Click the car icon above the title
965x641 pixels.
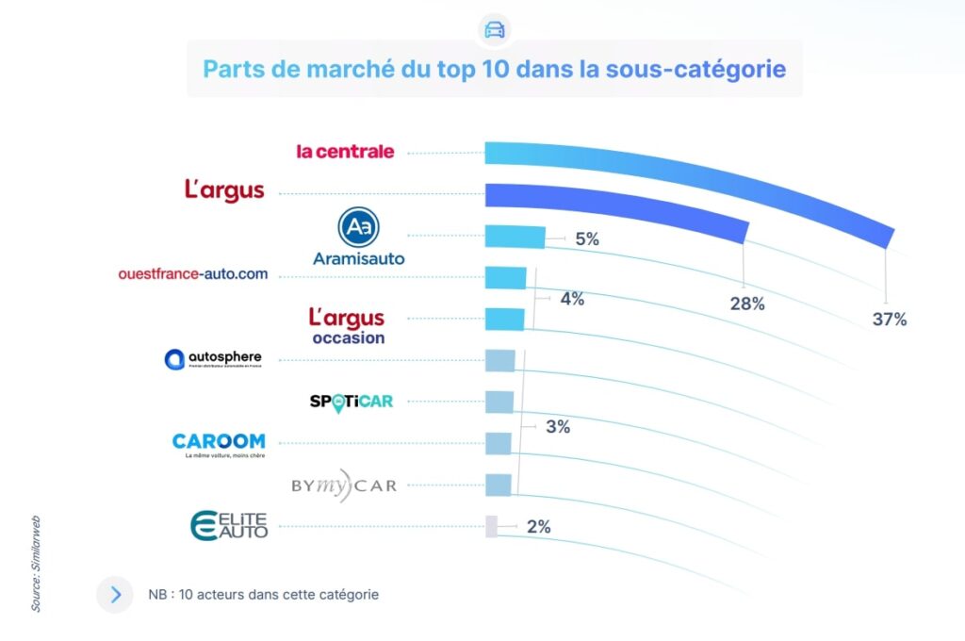click(494, 28)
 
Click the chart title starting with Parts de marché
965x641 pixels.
click(494, 69)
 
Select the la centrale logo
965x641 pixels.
click(345, 151)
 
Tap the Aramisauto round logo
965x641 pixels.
click(358, 227)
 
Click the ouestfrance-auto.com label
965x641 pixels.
click(193, 274)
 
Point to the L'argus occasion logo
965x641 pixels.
click(347, 325)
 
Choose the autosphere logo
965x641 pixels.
click(213, 359)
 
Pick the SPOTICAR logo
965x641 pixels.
click(351, 402)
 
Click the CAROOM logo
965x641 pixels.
click(219, 442)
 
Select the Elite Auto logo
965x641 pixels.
click(229, 525)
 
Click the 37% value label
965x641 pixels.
click(889, 320)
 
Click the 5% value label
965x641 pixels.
click(587, 239)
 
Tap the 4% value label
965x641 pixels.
click(572, 299)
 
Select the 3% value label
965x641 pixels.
click(558, 426)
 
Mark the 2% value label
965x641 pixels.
click(538, 527)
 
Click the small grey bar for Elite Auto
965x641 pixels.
click(491, 527)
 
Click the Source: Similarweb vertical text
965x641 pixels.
click(36, 563)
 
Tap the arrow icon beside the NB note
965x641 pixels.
click(115, 595)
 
